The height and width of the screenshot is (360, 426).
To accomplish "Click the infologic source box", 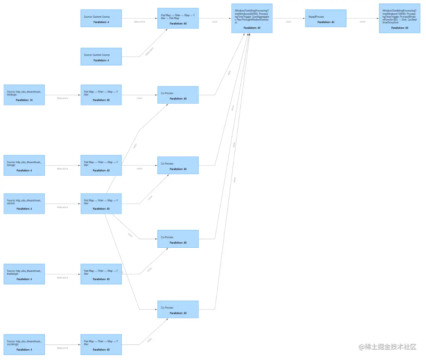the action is tap(24, 95).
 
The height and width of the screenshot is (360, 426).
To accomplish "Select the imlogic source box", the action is tap(24, 165).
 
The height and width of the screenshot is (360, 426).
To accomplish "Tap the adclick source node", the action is tap(24, 203).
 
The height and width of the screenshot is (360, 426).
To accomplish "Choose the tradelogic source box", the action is tap(24, 274).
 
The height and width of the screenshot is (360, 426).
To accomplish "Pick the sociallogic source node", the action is tap(24, 345).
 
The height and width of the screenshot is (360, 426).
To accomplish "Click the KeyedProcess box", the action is tap(325, 18).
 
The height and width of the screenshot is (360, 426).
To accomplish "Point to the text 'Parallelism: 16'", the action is tap(24, 100).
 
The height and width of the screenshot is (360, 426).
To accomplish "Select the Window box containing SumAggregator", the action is tap(252, 18).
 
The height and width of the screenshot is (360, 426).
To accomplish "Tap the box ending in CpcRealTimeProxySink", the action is tap(399, 18).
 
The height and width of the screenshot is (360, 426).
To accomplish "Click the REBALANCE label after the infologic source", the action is tap(62, 98).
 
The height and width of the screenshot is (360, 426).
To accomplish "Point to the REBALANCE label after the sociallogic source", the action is tap(62, 348).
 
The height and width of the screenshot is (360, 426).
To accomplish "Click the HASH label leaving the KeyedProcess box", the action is tap(362, 22).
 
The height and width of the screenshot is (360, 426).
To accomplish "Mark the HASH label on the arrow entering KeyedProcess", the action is tap(288, 22).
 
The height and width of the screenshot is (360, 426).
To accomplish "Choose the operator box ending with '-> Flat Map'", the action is tap(178, 18).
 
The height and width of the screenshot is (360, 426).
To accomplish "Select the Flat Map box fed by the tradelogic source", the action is tap(101, 274).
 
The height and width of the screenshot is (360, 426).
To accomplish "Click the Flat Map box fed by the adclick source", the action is tap(101, 203).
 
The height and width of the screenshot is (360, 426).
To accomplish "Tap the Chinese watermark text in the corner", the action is tap(387, 347).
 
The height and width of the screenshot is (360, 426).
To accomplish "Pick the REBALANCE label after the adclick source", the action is tap(62, 207).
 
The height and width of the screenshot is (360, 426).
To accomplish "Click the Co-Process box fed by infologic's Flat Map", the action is tap(178, 95).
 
